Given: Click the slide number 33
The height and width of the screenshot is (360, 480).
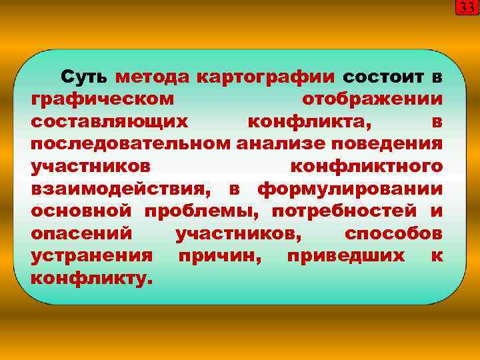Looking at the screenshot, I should click(x=466, y=8).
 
